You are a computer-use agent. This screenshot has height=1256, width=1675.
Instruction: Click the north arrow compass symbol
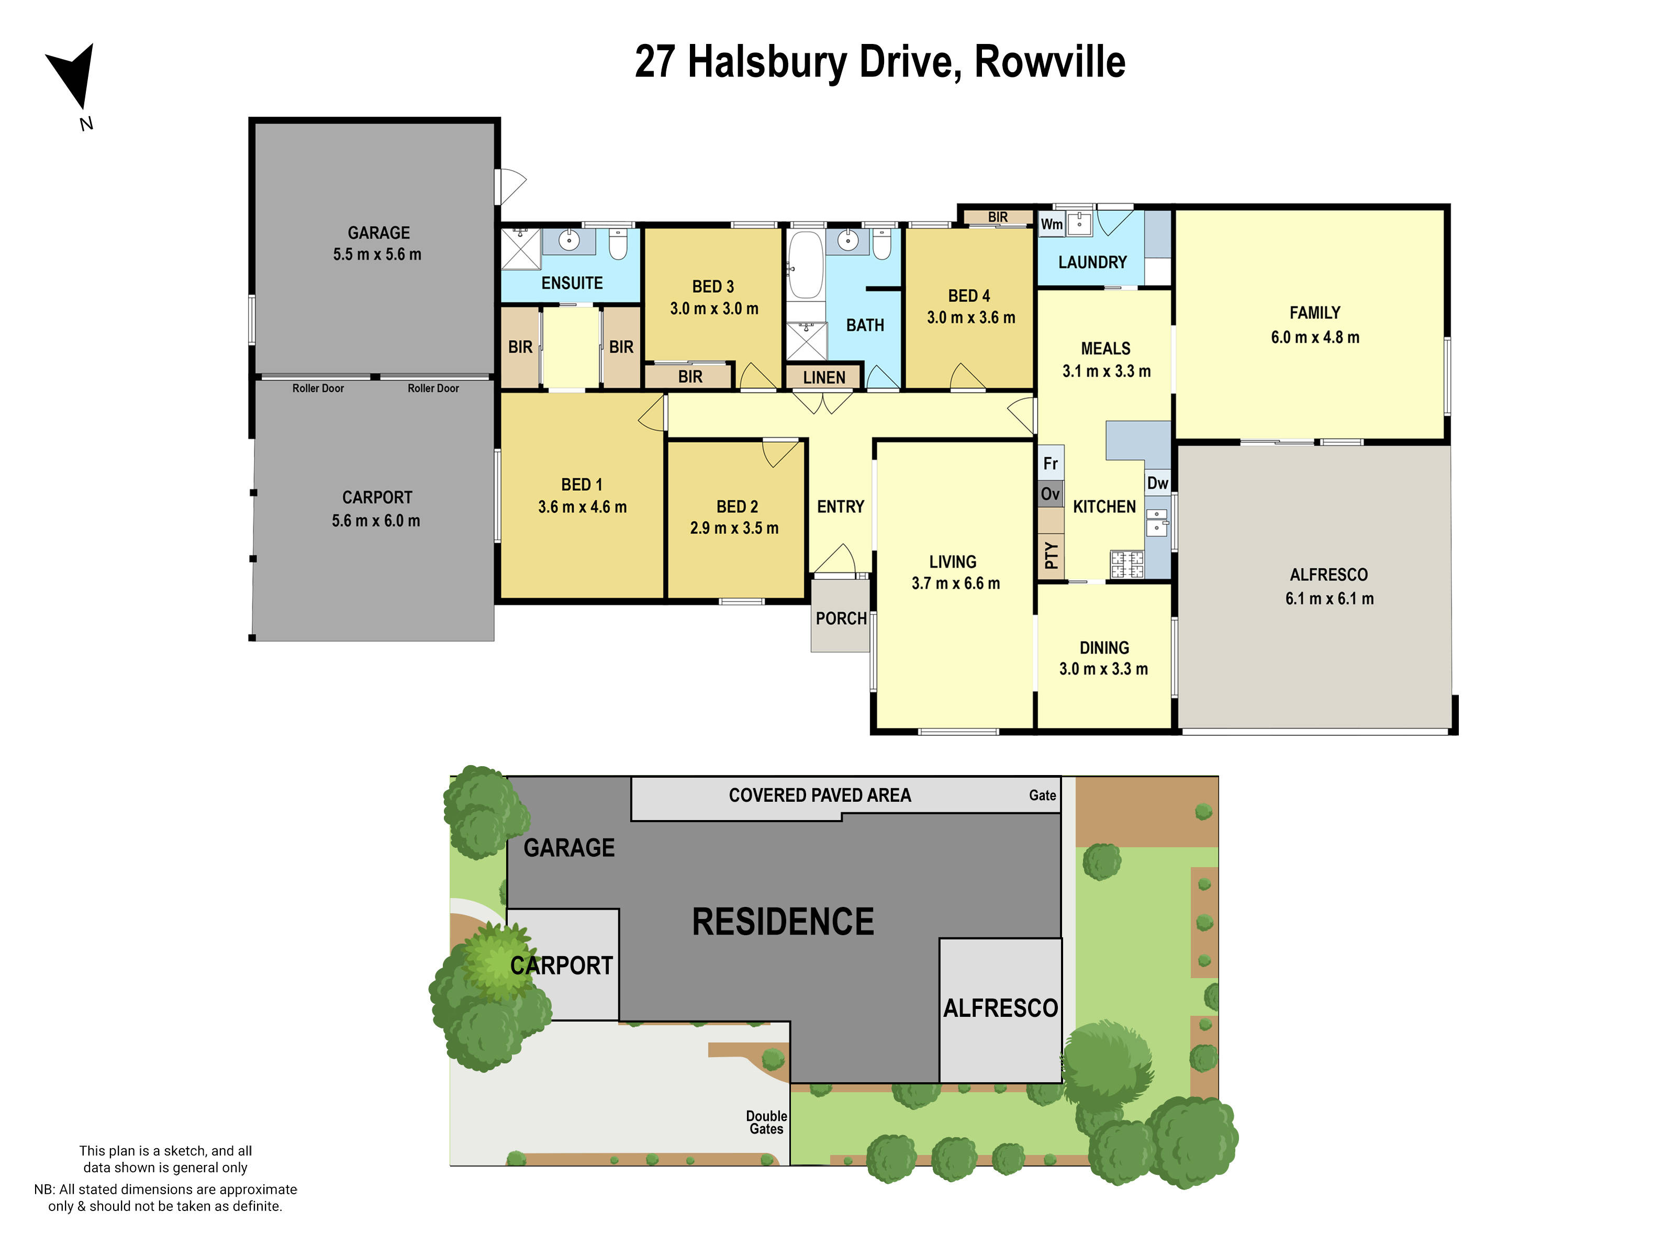click(x=73, y=76)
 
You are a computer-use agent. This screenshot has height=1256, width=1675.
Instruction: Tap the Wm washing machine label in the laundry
click(x=1051, y=224)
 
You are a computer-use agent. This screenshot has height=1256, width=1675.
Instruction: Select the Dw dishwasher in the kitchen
click(x=1157, y=483)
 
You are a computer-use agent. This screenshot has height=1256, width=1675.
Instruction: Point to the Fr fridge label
click(x=1051, y=463)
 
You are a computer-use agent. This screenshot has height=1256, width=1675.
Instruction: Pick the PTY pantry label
click(x=1051, y=555)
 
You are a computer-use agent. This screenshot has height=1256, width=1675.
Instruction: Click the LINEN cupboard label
click(x=824, y=377)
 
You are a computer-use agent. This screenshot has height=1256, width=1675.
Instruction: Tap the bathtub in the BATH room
click(x=805, y=265)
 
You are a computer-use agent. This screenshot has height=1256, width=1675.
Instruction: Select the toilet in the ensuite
click(x=618, y=244)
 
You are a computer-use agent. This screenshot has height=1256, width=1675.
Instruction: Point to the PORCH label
click(x=841, y=619)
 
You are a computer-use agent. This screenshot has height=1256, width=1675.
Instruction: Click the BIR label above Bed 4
click(x=997, y=217)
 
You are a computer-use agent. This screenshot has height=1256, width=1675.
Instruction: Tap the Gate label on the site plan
click(x=1042, y=795)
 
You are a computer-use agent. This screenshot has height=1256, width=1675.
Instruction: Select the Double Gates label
click(x=766, y=1122)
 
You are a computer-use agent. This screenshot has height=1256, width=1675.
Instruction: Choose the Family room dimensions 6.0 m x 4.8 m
click(x=1314, y=338)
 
